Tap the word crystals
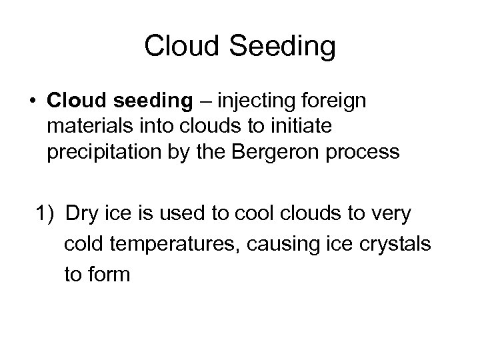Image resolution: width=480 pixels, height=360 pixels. pos(395,244)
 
